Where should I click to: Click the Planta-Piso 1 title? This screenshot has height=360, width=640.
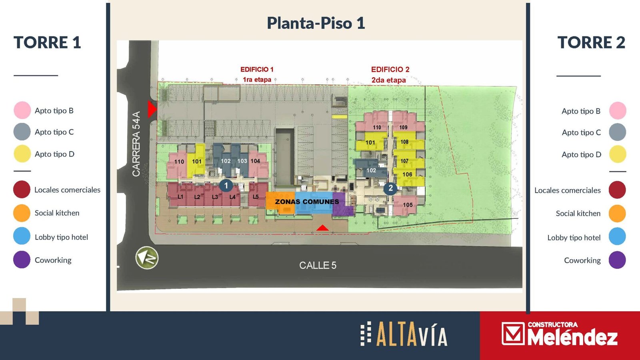316,23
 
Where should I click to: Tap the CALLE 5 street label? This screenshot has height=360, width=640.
318,266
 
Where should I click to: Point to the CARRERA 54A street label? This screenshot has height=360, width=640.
136,144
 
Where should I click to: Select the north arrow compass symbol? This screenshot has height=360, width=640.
147,258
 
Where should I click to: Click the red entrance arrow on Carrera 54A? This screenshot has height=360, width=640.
152,109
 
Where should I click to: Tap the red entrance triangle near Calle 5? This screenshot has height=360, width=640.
322,228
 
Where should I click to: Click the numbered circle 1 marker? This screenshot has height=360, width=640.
226,186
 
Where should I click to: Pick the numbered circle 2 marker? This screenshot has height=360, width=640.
390,188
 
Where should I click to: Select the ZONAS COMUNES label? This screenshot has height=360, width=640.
307,202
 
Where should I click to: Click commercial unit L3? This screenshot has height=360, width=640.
215,197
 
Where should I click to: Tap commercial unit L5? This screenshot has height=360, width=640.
256,196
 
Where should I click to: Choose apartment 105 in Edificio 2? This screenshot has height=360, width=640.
408,205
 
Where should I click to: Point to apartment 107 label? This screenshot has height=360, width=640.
404,161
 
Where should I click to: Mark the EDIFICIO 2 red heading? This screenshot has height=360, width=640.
390,70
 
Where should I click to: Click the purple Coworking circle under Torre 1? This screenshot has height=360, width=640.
22,260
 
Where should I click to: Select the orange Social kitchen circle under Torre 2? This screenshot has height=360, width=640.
617,214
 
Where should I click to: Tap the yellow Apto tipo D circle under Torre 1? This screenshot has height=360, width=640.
22,154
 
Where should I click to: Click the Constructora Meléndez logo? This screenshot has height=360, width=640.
560,334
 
